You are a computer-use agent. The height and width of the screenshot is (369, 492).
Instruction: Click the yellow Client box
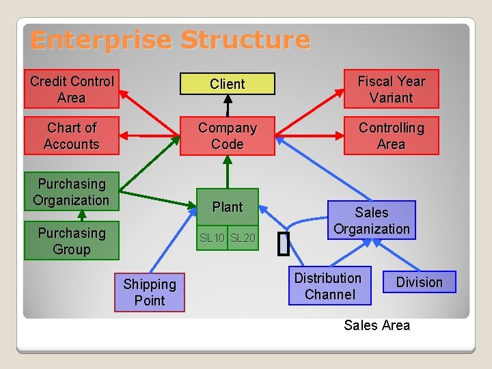pos(227,84)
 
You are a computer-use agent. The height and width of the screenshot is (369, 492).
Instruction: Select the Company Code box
pos(227,136)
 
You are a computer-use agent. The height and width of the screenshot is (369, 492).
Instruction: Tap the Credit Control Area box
pos(72,89)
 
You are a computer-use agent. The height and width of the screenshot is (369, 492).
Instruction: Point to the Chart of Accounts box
pos(72,135)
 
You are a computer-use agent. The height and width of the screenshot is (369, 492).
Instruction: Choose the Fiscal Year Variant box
pos(391,89)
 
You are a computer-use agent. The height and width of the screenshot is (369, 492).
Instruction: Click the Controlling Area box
pos(391,135)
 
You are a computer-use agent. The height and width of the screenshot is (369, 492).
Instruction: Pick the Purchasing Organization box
pos(72,191)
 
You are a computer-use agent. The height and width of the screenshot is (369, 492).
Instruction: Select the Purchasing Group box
pos(72,241)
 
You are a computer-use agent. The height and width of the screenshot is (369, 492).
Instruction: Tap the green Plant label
pos(227,206)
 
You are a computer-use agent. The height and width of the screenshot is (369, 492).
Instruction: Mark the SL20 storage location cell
pos(243,238)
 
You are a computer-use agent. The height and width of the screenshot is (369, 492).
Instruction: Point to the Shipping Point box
pos(150,292)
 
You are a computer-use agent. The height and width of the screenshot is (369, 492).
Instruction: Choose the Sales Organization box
pos(372,220)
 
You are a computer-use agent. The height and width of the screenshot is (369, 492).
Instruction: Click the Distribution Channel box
pos(329,286)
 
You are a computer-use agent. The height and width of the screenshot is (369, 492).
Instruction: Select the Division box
pos(419,282)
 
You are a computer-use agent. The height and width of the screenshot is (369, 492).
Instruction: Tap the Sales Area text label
pos(377,325)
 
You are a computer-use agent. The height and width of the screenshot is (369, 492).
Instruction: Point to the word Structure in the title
pos(245,40)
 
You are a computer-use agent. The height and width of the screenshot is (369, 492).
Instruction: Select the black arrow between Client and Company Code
pos(228,105)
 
